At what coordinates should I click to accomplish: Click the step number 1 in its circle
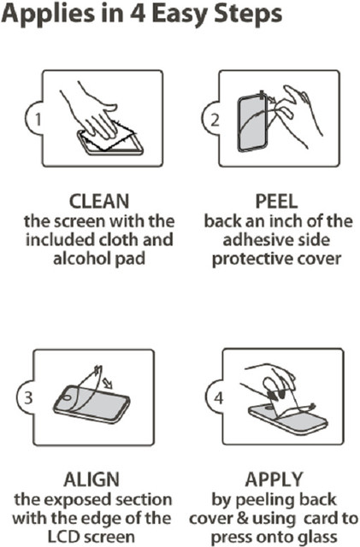38,120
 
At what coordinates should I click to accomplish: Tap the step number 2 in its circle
215,120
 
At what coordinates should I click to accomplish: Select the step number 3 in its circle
28,397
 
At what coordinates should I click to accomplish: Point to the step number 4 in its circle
218,397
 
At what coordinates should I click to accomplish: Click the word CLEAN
99,202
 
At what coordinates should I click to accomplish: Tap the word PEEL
276,202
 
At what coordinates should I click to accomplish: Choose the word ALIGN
91,479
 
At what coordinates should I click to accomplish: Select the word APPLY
274,479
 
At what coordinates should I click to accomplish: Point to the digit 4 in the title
138,14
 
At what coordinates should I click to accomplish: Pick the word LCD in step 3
63,537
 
